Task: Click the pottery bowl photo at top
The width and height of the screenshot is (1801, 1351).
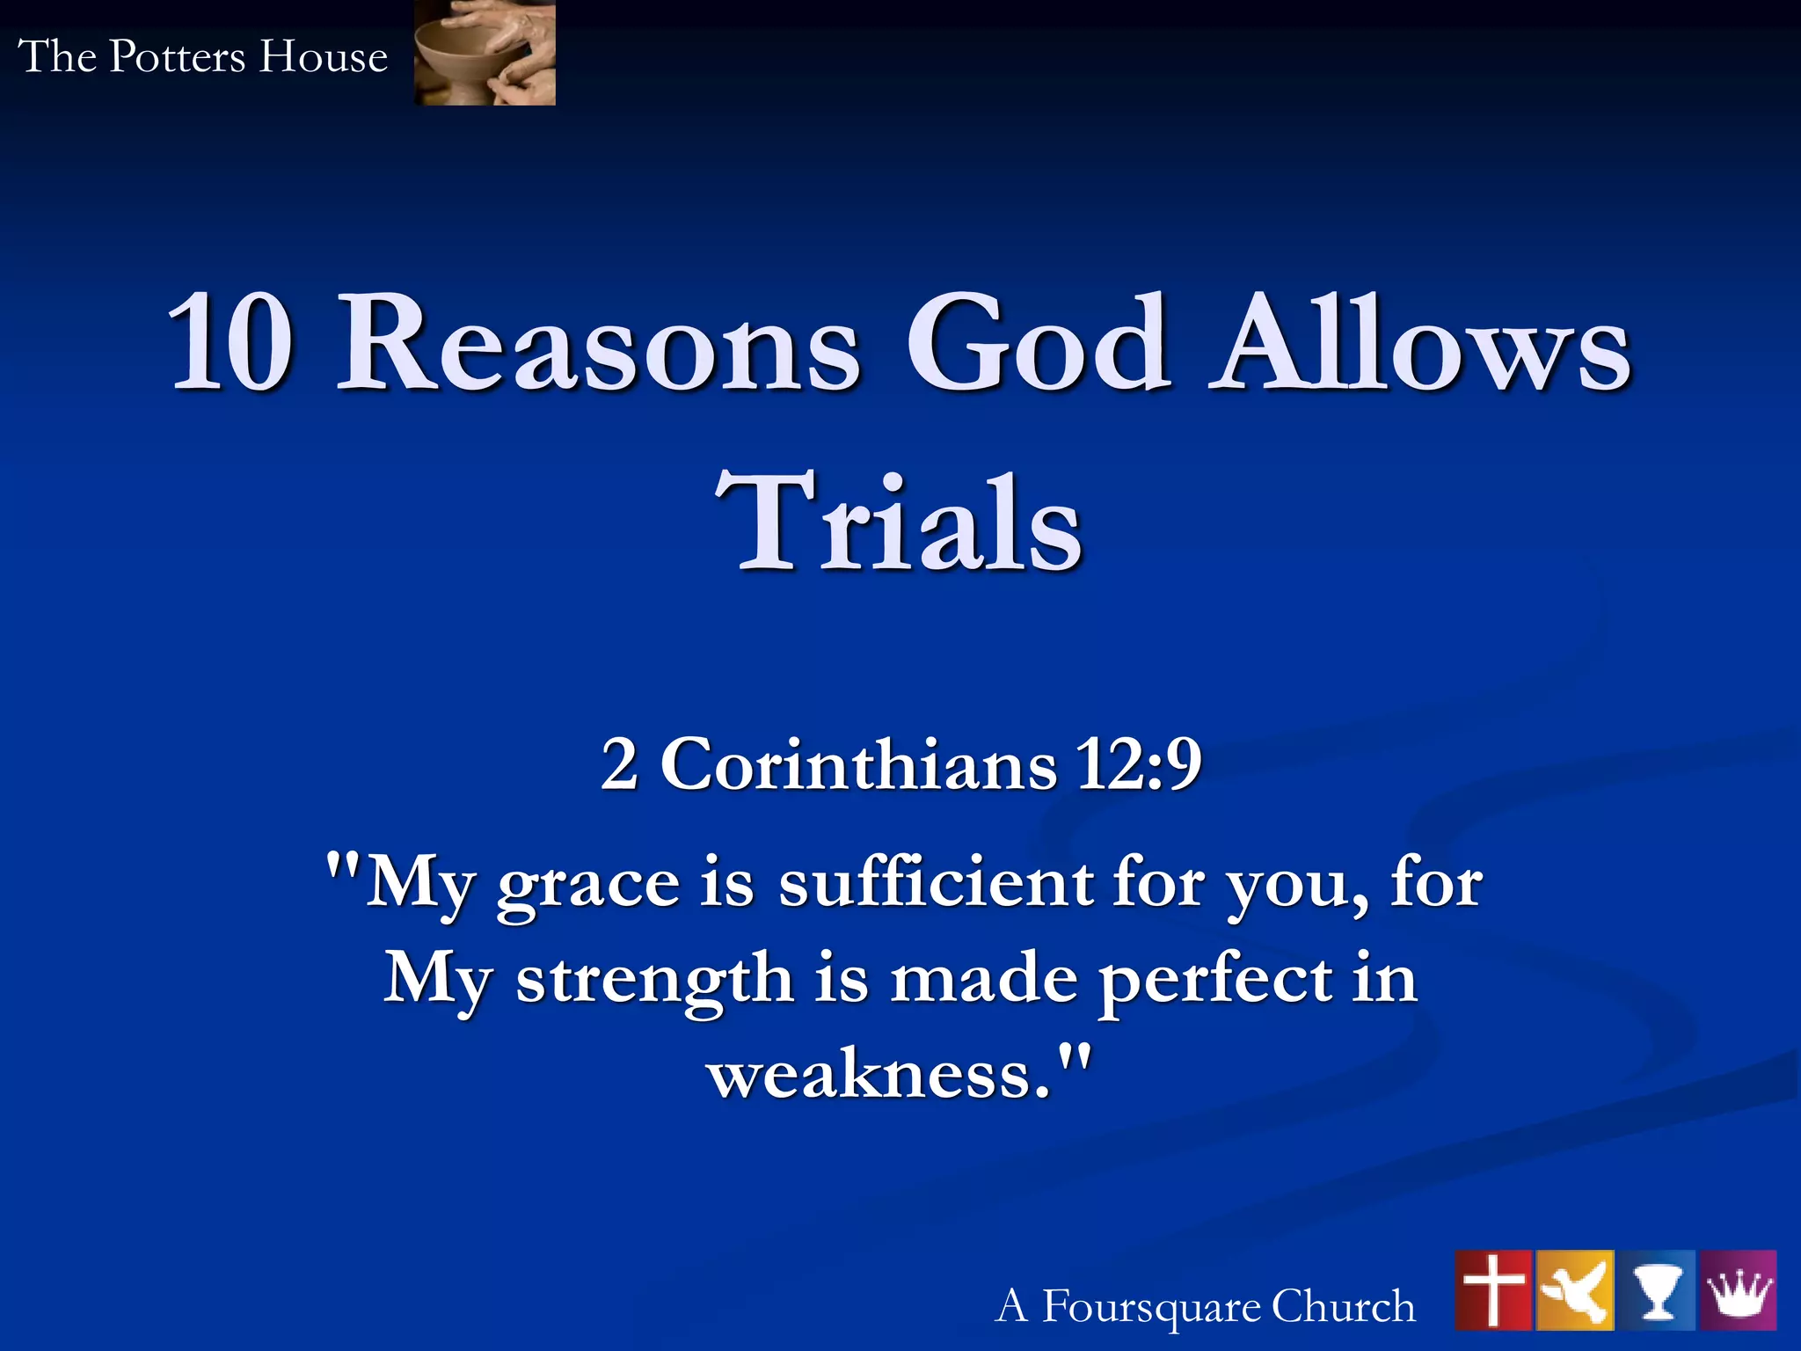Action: click(x=485, y=53)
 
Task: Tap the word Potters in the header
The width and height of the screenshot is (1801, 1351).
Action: click(x=177, y=57)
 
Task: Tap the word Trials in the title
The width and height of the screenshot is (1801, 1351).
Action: click(x=898, y=522)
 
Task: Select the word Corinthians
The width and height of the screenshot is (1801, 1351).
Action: click(x=857, y=763)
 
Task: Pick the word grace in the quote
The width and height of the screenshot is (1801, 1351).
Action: click(x=587, y=885)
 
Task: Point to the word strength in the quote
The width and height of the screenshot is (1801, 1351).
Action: click(x=654, y=980)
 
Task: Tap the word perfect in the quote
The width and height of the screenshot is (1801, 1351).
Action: click(x=1214, y=980)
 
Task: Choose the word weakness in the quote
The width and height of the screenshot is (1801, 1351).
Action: click(x=879, y=1075)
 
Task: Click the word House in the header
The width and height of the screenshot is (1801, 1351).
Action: click(x=323, y=57)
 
